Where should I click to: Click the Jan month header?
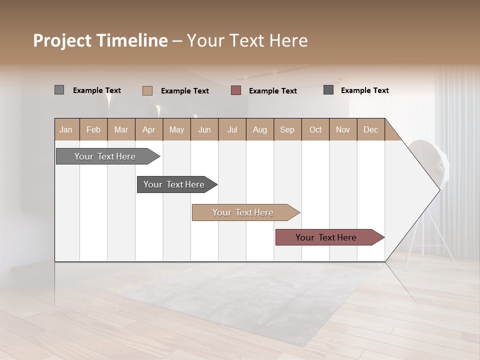[x=66, y=129]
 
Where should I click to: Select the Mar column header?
[x=121, y=129]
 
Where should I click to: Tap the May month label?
[x=176, y=129]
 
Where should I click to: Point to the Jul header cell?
[x=232, y=129]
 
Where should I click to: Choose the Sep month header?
[x=287, y=129]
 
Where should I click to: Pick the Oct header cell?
[x=315, y=129]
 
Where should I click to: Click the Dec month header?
[x=370, y=129]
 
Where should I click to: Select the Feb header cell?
[x=93, y=129]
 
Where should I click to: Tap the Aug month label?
[x=259, y=129]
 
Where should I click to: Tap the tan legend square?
[x=147, y=90]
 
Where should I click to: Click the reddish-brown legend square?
[x=236, y=90]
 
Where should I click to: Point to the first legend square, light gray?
[x=59, y=90]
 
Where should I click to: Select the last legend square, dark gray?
[x=328, y=90]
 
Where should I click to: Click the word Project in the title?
[x=63, y=40]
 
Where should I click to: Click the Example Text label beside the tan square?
[x=185, y=91]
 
